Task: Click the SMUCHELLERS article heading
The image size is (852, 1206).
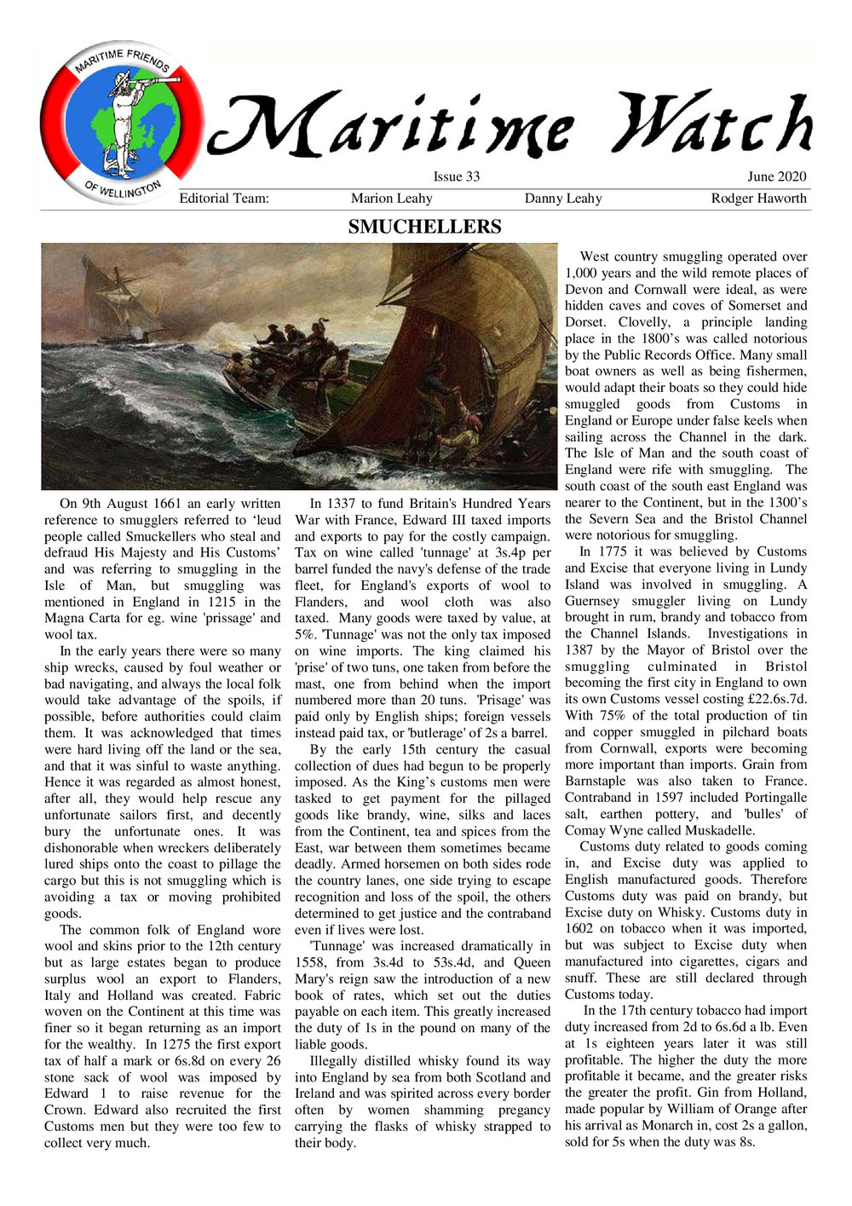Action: click(x=424, y=227)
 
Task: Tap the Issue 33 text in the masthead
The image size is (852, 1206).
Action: click(x=457, y=177)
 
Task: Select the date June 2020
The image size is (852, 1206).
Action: click(x=776, y=177)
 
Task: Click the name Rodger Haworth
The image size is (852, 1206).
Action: click(x=758, y=199)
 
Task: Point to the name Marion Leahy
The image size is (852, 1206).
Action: click(x=391, y=199)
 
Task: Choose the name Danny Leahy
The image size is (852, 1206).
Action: click(x=563, y=199)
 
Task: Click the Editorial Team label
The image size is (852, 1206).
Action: click(x=224, y=199)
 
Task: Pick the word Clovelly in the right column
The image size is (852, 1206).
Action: click(x=593, y=322)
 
